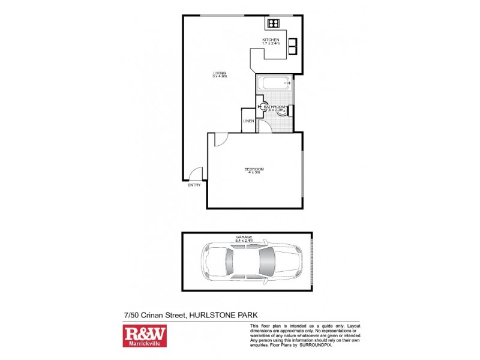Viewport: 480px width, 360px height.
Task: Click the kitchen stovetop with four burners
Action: pos(273,24)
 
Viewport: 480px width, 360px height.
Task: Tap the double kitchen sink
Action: pos(293,46)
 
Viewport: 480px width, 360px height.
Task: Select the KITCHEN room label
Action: pos(271,40)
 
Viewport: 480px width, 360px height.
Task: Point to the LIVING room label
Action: pos(219,73)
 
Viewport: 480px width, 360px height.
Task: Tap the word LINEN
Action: pos(248,121)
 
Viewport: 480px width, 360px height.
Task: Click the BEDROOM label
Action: pos(254,169)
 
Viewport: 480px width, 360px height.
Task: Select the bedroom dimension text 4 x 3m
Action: pos(254,173)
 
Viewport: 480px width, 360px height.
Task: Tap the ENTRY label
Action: pos(194,185)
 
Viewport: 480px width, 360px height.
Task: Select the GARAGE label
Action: pos(243,237)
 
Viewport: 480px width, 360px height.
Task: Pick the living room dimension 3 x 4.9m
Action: pos(219,77)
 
